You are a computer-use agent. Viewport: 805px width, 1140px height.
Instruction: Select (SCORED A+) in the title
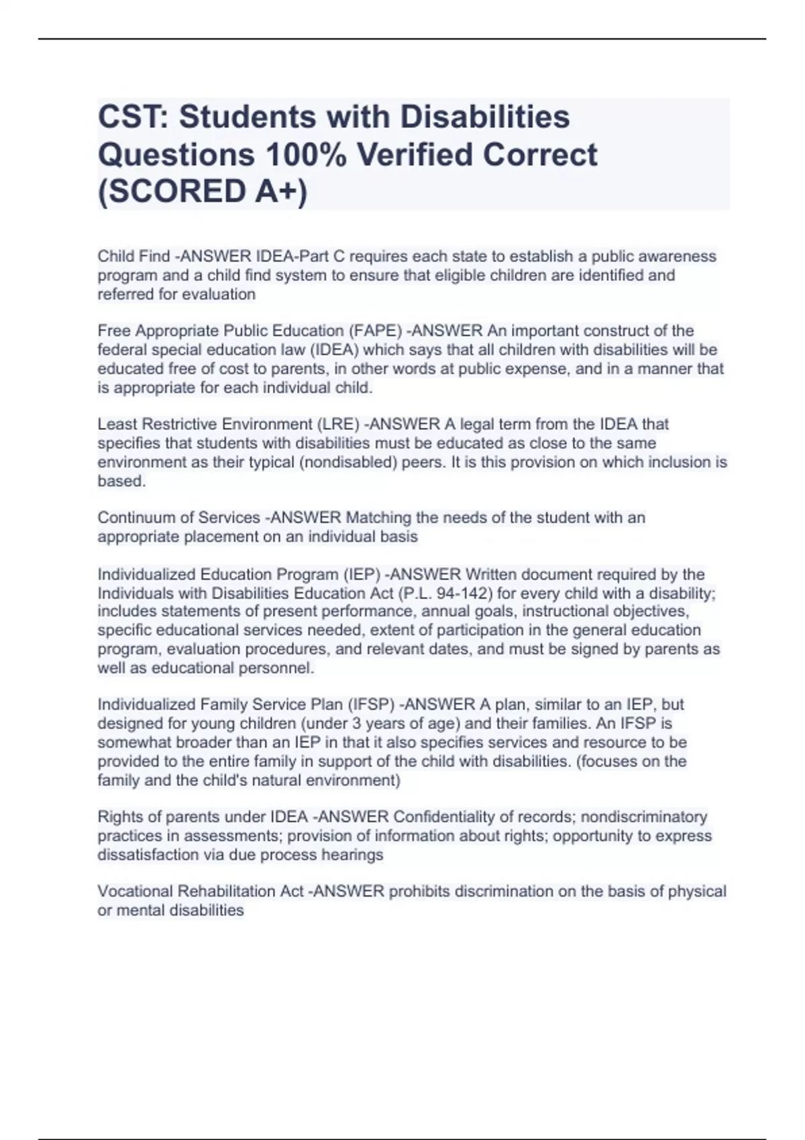(x=203, y=192)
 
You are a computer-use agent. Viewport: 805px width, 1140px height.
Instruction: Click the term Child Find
(x=133, y=256)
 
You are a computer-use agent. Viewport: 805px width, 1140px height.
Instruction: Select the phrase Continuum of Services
(x=178, y=518)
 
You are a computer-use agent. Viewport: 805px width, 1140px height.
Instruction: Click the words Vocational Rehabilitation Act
(x=200, y=891)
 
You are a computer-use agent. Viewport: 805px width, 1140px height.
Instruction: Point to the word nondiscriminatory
(x=644, y=817)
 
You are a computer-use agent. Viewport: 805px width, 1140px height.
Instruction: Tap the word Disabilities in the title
(x=485, y=117)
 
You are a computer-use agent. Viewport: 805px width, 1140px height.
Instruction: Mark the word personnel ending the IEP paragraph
(x=282, y=668)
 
